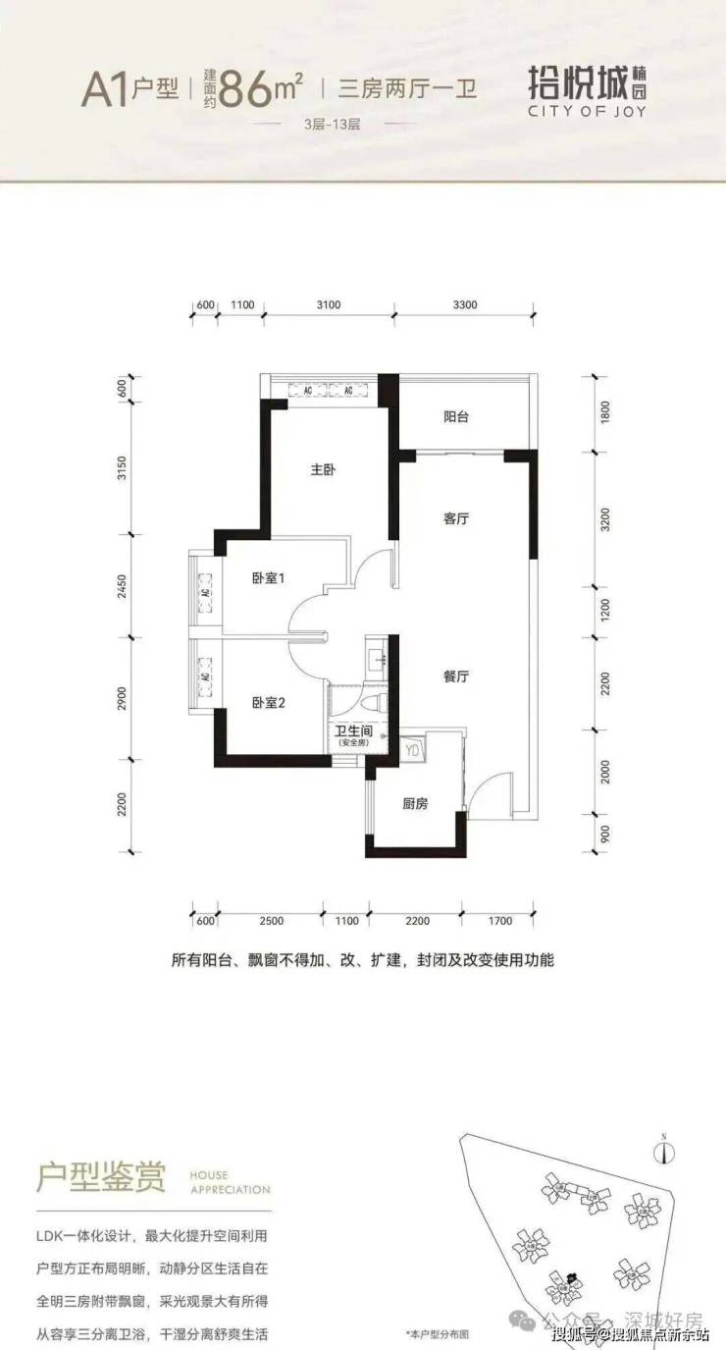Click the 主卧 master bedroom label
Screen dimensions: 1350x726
[323, 471]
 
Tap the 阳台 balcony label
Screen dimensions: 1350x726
[456, 417]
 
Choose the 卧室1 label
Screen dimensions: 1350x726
[267, 579]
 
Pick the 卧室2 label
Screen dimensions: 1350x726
[267, 702]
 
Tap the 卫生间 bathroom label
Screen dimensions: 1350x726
[351, 730]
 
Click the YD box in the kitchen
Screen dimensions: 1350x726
[412, 749]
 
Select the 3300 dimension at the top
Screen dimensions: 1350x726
[465, 304]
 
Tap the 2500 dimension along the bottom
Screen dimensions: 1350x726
[272, 921]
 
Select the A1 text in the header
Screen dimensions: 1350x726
[107, 90]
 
